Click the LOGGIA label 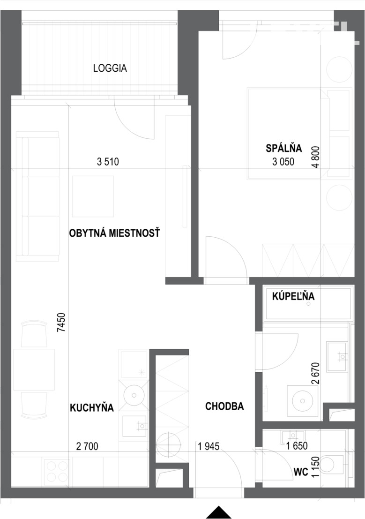110,68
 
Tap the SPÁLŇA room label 284,148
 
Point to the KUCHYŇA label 92,407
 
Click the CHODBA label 224,406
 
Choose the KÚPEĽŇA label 293,296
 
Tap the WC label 301,472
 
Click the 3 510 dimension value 108,162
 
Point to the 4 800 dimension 316,157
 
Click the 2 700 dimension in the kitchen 87,446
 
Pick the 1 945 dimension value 209,446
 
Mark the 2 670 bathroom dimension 316,373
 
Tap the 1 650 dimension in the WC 297,446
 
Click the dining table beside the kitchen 34,369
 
